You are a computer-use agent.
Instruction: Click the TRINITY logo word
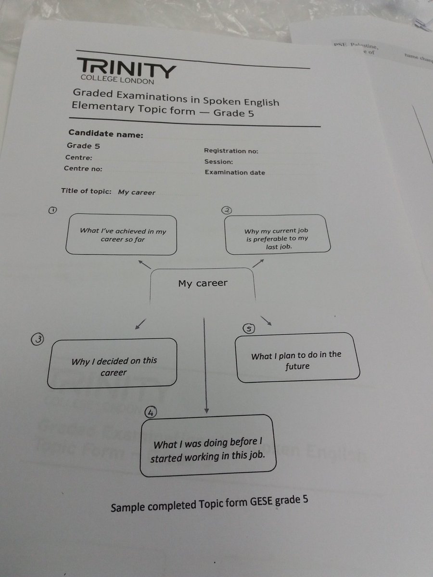126,68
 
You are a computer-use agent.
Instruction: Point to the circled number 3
38,339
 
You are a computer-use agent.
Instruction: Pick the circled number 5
249,329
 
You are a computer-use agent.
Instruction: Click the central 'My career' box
203,284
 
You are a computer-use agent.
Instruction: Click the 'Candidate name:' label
105,134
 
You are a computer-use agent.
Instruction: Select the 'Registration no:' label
231,151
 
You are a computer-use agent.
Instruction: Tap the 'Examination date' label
235,173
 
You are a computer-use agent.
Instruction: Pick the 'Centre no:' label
83,169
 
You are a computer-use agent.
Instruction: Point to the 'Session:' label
218,162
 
